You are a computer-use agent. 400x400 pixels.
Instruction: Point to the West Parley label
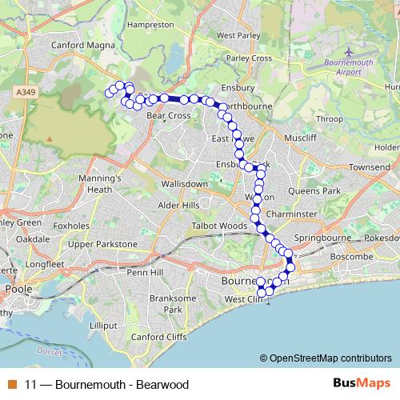click(236, 35)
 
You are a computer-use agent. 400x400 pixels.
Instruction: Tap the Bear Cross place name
click(168, 116)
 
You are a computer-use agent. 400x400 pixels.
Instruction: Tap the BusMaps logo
click(357, 383)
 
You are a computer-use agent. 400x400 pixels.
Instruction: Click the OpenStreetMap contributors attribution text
click(330, 358)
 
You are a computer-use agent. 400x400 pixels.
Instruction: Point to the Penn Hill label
click(146, 273)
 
